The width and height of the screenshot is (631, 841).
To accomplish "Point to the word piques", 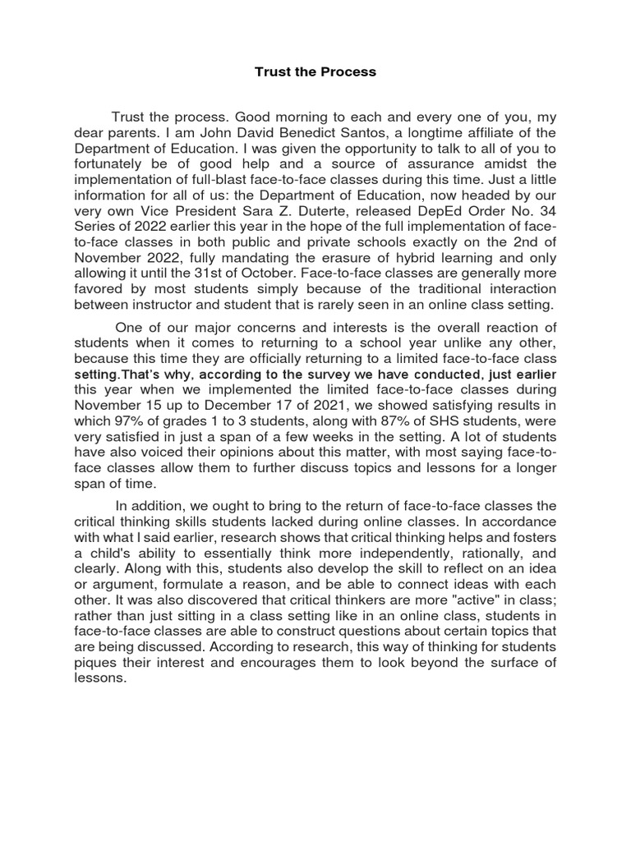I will coord(94,664).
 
